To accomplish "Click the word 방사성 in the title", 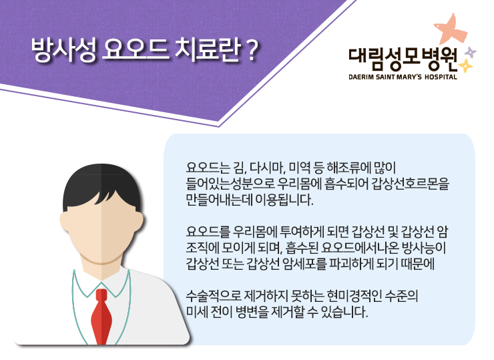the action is (63, 50).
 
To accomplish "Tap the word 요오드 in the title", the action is (136, 50).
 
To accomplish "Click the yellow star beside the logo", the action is (465, 66).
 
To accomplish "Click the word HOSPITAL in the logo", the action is (441, 77).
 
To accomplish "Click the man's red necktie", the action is (101, 317).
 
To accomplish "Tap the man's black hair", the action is (101, 186).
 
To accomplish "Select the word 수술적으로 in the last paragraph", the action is (214, 297).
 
